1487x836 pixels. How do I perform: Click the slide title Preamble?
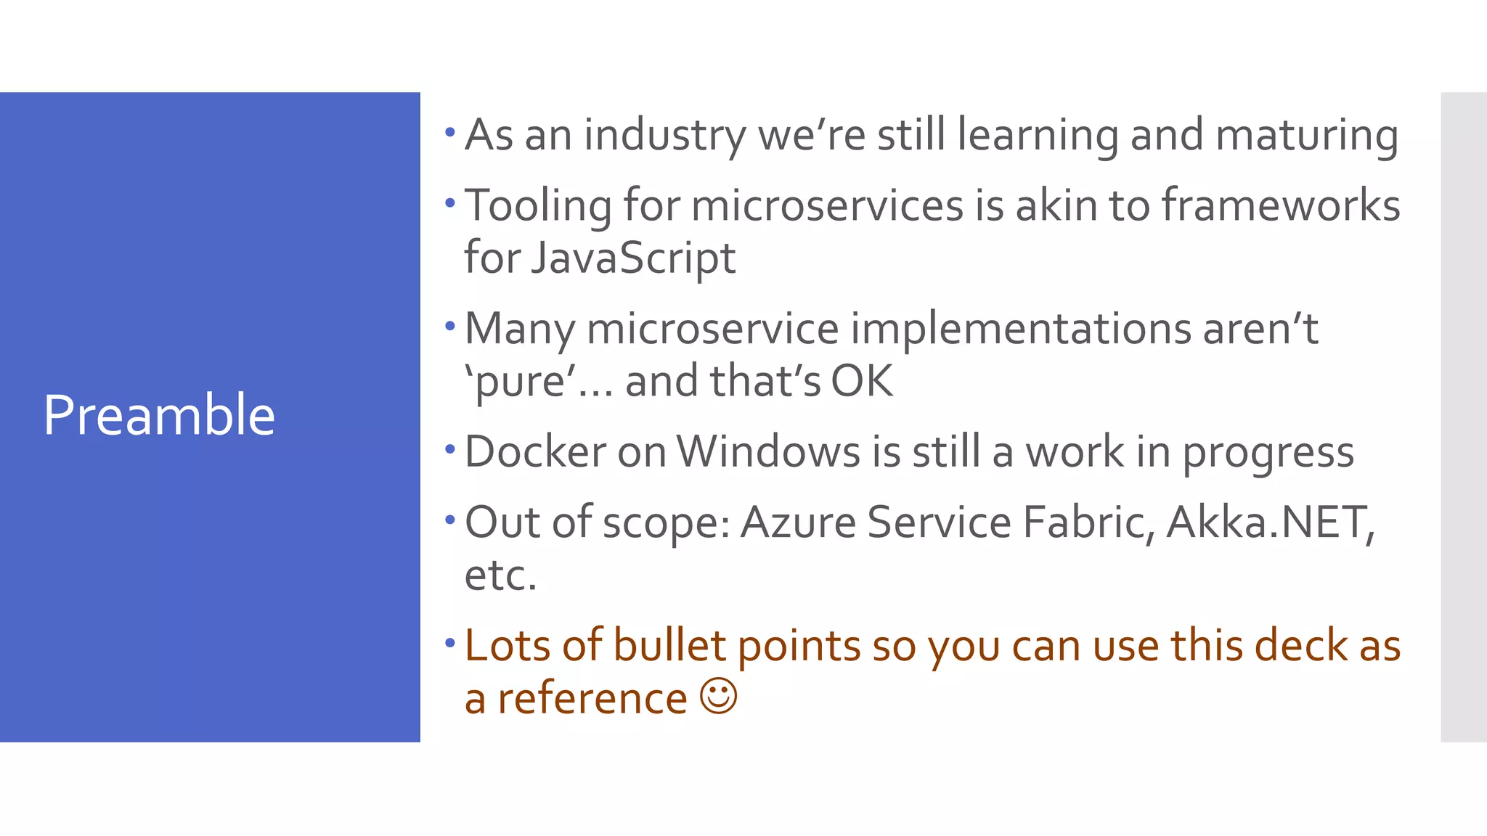click(x=159, y=415)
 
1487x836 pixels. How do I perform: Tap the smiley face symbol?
click(x=719, y=697)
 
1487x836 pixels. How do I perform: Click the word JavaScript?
click(x=632, y=258)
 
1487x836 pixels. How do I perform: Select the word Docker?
click(x=535, y=451)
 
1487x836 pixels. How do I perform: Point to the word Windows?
click(x=768, y=451)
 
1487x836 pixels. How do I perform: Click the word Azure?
click(x=798, y=522)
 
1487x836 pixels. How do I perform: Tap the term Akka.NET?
click(x=1270, y=522)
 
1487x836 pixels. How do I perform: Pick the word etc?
click(x=500, y=575)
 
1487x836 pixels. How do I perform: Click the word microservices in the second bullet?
click(x=827, y=205)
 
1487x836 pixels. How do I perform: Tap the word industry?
click(x=664, y=136)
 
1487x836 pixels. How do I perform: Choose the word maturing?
click(x=1306, y=136)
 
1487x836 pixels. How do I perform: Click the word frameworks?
click(x=1281, y=205)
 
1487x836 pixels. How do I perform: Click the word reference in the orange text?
click(x=592, y=698)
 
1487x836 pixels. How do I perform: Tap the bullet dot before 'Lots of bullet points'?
click(x=450, y=642)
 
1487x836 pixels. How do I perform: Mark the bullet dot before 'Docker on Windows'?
click(x=450, y=448)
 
